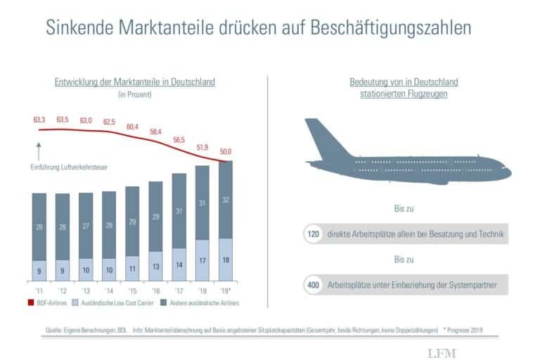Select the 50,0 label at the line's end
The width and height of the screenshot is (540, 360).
pos(226,151)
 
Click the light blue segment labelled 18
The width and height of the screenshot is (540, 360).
pos(226,259)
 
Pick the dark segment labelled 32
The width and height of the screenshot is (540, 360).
pos(226,200)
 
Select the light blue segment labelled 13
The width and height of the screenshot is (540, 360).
pos(155,266)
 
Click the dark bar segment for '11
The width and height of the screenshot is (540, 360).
pos(39,227)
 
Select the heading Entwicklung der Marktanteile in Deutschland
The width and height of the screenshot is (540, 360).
pos(134,82)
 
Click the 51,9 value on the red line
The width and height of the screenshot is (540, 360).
pos(202,146)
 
